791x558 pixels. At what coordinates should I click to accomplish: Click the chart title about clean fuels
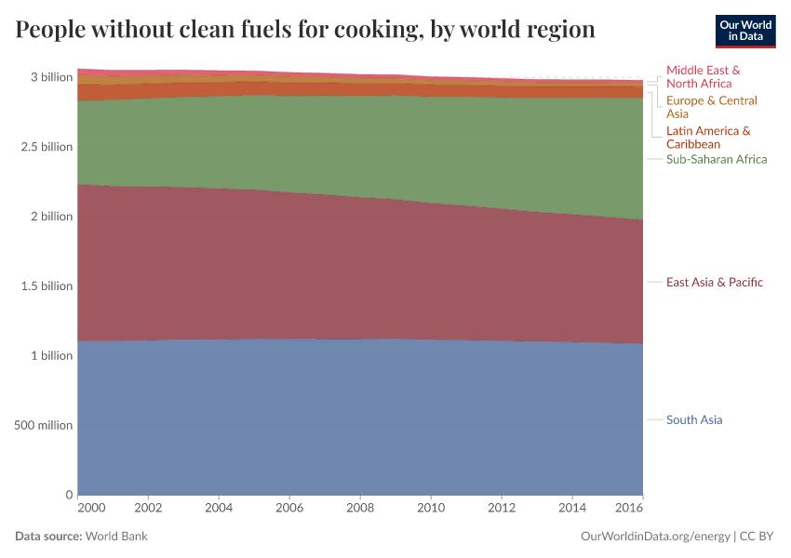pos(305,30)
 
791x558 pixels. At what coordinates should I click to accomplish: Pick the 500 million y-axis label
pos(44,425)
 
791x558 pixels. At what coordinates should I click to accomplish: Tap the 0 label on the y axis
pos(69,495)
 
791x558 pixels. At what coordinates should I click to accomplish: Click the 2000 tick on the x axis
pos(91,509)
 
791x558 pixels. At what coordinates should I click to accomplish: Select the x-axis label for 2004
pos(219,509)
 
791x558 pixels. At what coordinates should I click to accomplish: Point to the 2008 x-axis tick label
pos(360,509)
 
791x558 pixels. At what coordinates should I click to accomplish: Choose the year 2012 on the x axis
pos(502,509)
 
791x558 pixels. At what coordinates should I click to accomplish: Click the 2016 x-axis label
pos(629,509)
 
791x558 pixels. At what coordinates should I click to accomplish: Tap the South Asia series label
pos(694,419)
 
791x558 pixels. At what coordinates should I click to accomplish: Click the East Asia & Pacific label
pos(714,282)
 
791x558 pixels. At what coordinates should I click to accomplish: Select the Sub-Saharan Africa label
pos(717,159)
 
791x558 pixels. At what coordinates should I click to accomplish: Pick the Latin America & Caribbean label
pos(708,138)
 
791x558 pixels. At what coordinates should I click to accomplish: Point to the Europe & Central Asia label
pos(712,107)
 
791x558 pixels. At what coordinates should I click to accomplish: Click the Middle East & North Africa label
pos(704,76)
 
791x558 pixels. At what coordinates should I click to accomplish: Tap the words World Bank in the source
pos(117,537)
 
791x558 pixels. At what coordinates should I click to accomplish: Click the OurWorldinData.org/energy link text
pos(655,537)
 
